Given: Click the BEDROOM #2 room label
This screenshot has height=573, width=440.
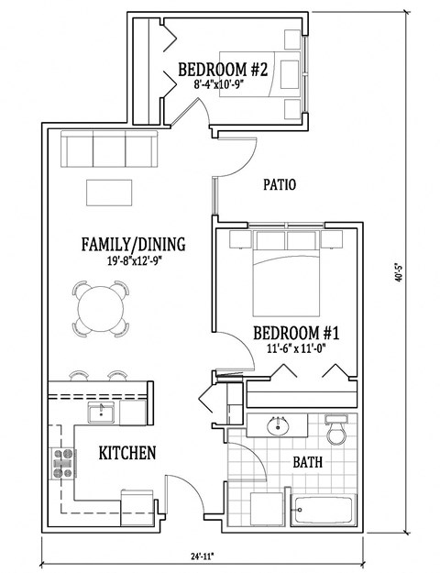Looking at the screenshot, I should [222, 68].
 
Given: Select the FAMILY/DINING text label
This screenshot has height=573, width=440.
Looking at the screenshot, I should [134, 245].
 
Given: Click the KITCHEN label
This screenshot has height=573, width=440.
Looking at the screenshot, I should [126, 453].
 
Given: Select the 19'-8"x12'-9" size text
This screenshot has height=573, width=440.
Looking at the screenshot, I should [134, 260].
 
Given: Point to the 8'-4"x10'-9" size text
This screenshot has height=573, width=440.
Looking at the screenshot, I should [222, 83].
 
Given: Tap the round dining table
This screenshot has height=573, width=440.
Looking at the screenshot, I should [101, 307].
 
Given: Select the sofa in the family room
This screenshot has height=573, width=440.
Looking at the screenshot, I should [107, 148].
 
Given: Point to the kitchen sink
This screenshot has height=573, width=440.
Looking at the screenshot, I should [101, 413].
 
